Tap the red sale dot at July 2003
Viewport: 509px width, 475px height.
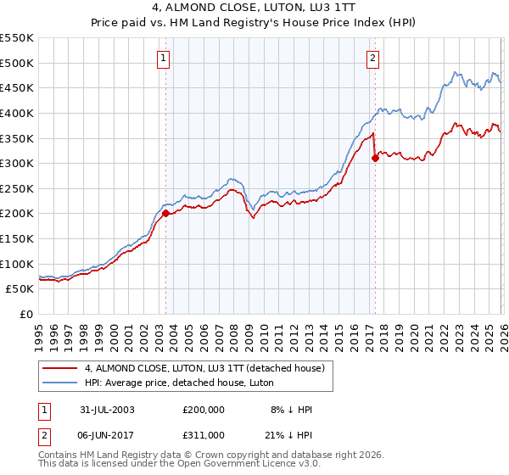coord(165,214)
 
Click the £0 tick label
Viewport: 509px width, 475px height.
coord(25,315)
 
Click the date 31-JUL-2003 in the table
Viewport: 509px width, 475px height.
coord(104,410)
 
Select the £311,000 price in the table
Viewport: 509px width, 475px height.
coord(204,435)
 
